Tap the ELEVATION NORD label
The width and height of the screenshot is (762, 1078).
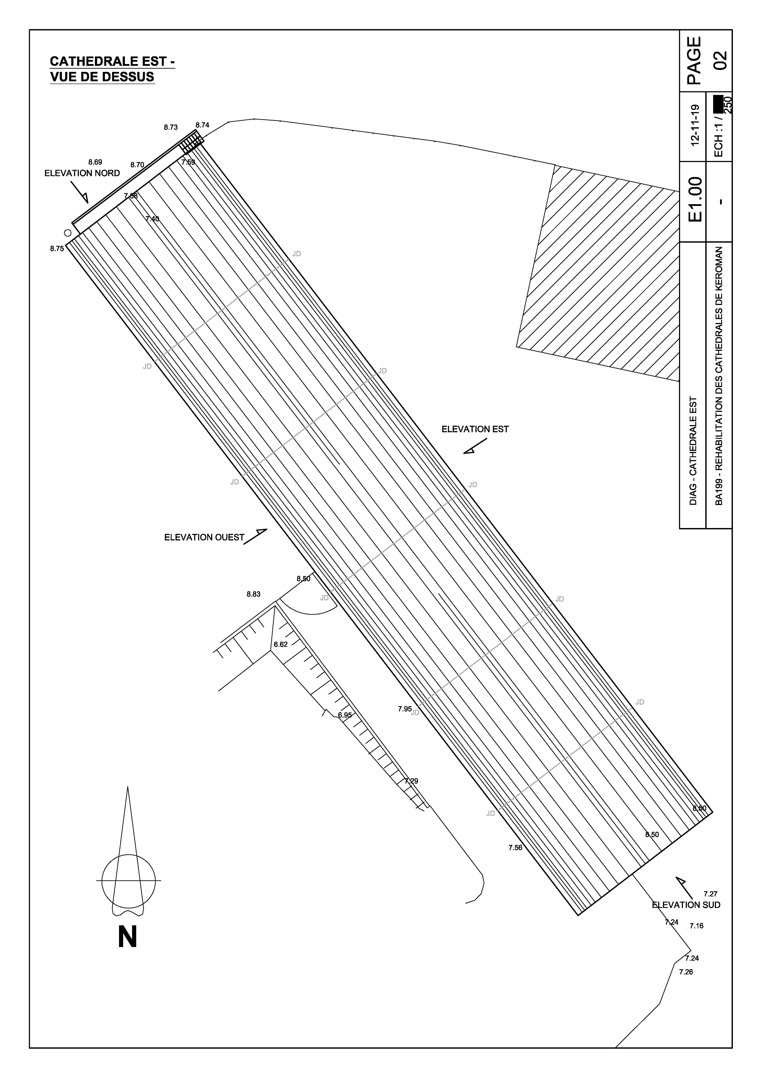click(82, 173)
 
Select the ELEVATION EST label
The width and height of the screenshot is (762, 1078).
click(475, 429)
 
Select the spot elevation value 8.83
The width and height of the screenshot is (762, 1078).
click(253, 594)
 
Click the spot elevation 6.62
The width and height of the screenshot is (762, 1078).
click(281, 645)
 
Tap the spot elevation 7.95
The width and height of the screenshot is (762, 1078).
click(405, 709)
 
